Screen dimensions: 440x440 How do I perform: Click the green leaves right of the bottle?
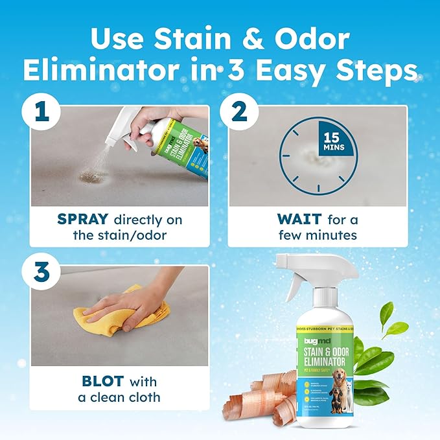pyautogui.click(x=379, y=350)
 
